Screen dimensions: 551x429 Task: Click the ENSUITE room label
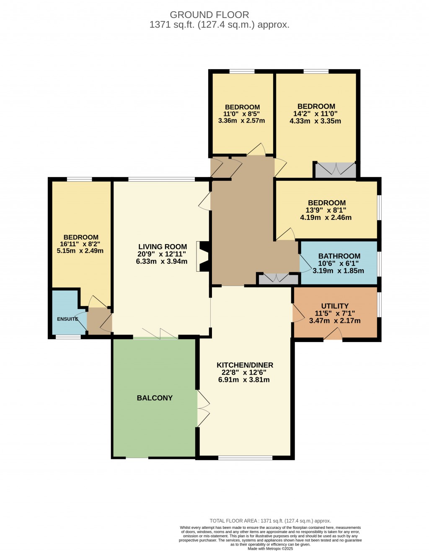coord(67,319)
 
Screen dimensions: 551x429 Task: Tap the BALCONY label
coord(155,398)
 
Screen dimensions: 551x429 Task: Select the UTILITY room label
coord(335,306)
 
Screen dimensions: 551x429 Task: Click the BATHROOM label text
coord(339,256)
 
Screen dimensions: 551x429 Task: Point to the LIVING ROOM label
coord(163,247)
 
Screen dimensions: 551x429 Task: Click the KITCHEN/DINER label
coord(245,365)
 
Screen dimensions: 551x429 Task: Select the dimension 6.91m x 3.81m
coord(244,380)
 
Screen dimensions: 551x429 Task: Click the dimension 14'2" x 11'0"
coord(315,113)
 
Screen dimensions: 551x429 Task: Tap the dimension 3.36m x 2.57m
coord(242,121)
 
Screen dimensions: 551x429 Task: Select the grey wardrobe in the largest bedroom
coord(336,170)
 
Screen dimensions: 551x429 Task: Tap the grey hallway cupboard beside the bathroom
coord(278,279)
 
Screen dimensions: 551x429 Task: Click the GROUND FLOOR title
coord(209,15)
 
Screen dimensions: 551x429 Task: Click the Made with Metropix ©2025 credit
coord(270,548)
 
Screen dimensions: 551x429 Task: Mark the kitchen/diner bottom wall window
coord(246,458)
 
